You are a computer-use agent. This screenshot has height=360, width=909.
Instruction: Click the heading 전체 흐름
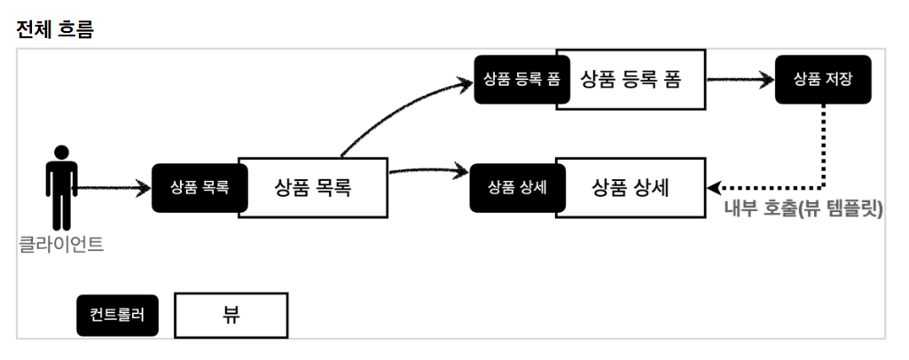point(55,27)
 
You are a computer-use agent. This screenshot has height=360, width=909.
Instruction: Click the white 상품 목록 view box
point(314,188)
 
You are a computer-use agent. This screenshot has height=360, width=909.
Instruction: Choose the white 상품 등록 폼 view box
point(631,79)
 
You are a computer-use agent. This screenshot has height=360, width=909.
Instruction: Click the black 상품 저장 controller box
point(823,78)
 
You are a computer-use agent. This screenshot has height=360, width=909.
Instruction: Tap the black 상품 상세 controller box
point(517,188)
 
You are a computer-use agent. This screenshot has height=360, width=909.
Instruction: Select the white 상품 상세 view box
point(631,188)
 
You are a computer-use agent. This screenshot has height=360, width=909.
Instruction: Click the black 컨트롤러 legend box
point(117,315)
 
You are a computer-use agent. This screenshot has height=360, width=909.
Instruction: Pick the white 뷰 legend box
point(231,315)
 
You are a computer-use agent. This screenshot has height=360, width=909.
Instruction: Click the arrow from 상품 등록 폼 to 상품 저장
point(740,79)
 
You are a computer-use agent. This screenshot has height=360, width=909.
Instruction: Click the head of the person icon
point(61,153)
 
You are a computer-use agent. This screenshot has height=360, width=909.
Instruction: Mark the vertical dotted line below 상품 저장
point(824,142)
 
